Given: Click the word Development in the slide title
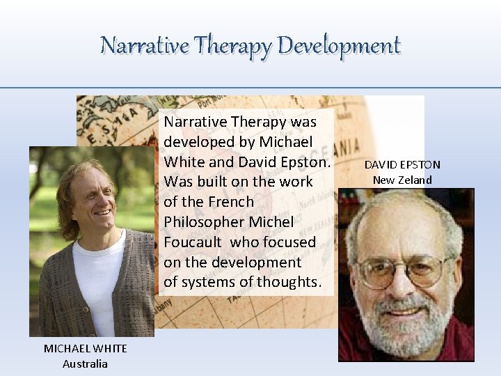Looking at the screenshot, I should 339,45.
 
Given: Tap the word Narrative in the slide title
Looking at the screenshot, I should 144,45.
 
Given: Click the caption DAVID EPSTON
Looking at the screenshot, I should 402,164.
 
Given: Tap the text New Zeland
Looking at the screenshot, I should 402,180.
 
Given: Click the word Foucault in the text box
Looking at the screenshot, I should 191,242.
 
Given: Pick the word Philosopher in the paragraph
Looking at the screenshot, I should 201,221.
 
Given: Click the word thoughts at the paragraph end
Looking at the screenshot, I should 288,282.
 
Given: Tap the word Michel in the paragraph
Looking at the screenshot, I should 271,221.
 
